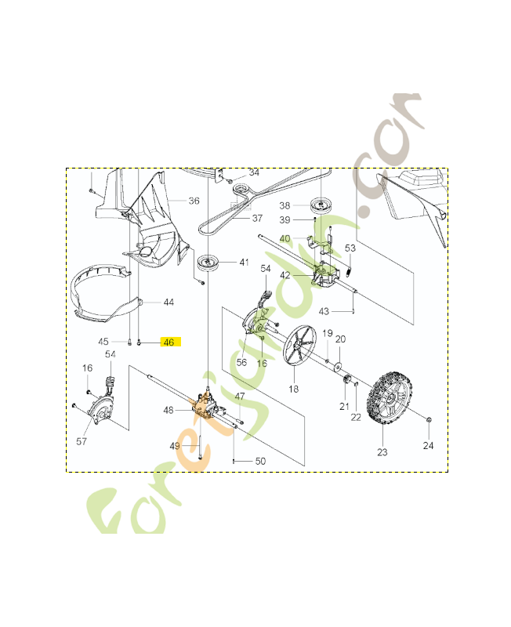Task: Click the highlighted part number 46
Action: click(169, 342)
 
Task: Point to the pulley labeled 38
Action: click(321, 205)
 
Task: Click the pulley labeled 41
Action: click(208, 263)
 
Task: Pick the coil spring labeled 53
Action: click(350, 270)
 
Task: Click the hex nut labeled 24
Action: click(429, 424)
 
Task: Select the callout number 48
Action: click(169, 410)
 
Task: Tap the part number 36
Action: click(194, 201)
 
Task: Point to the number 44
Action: click(169, 302)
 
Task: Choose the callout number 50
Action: click(260, 462)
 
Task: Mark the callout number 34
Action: click(253, 172)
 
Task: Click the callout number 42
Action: click(285, 275)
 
